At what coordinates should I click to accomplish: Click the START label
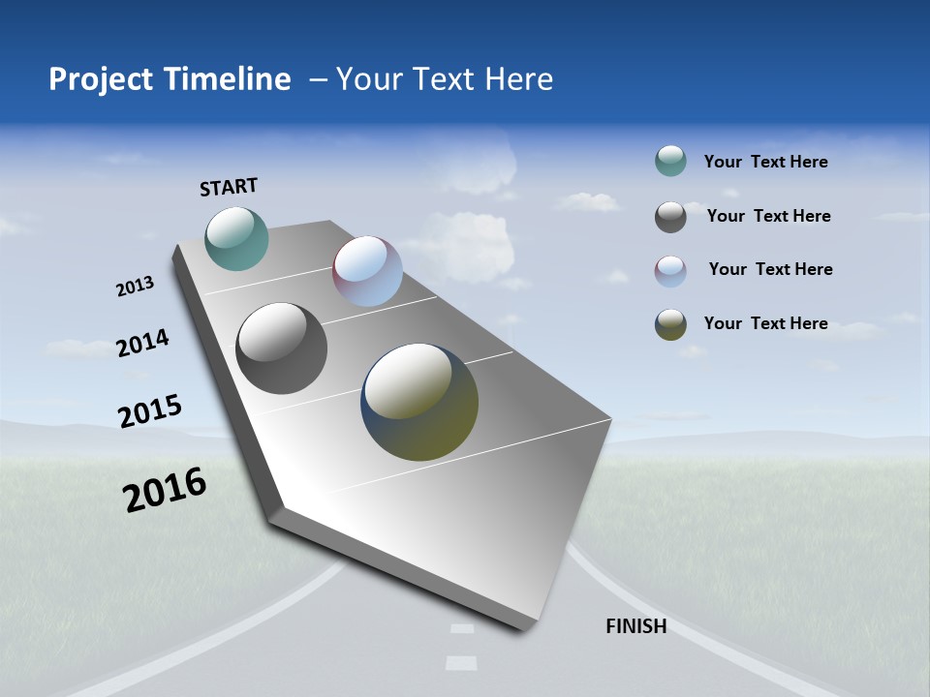(x=229, y=187)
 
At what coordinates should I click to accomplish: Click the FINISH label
(x=635, y=626)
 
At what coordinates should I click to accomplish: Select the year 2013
(x=135, y=286)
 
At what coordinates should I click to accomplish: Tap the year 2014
(x=142, y=343)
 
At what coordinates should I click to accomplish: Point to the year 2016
(x=165, y=490)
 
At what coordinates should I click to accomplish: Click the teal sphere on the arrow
(x=236, y=238)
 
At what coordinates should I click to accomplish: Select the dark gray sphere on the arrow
(x=281, y=348)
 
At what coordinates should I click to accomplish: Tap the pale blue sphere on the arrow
(x=367, y=271)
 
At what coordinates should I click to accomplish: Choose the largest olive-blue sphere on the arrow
(x=419, y=402)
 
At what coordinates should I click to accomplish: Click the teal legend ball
(x=670, y=162)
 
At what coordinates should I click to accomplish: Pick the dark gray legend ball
(x=670, y=217)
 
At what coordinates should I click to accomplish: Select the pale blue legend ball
(x=670, y=271)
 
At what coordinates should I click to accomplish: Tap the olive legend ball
(x=670, y=324)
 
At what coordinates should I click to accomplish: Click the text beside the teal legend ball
(x=765, y=163)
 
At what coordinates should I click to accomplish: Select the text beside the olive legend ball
(x=765, y=323)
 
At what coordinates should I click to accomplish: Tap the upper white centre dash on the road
(x=462, y=629)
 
